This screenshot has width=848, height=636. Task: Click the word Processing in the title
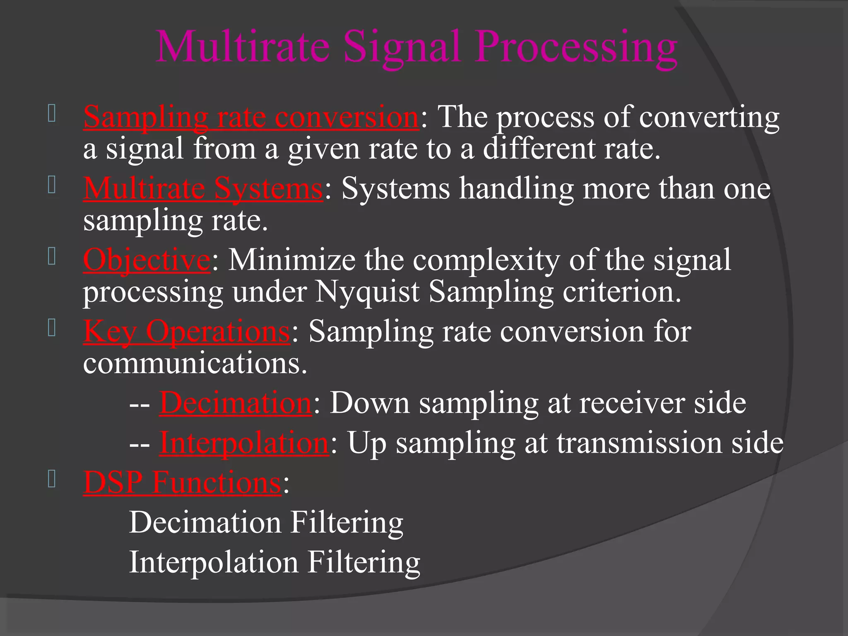point(576,47)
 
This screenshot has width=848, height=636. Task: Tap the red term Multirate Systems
point(203,189)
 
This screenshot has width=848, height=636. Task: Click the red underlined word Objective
point(147,260)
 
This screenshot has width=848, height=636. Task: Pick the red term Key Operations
point(187,332)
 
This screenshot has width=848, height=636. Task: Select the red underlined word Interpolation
point(244,443)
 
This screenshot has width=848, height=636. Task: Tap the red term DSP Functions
point(182,482)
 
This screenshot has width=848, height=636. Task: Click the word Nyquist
point(367,292)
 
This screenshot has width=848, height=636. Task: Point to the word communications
point(195,364)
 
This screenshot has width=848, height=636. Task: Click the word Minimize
point(291,260)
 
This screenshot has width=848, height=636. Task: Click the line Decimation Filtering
point(266,523)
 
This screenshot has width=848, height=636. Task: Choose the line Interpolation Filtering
point(275,562)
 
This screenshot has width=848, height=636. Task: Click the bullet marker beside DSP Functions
point(52,479)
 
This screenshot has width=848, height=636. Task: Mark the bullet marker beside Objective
point(52,257)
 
